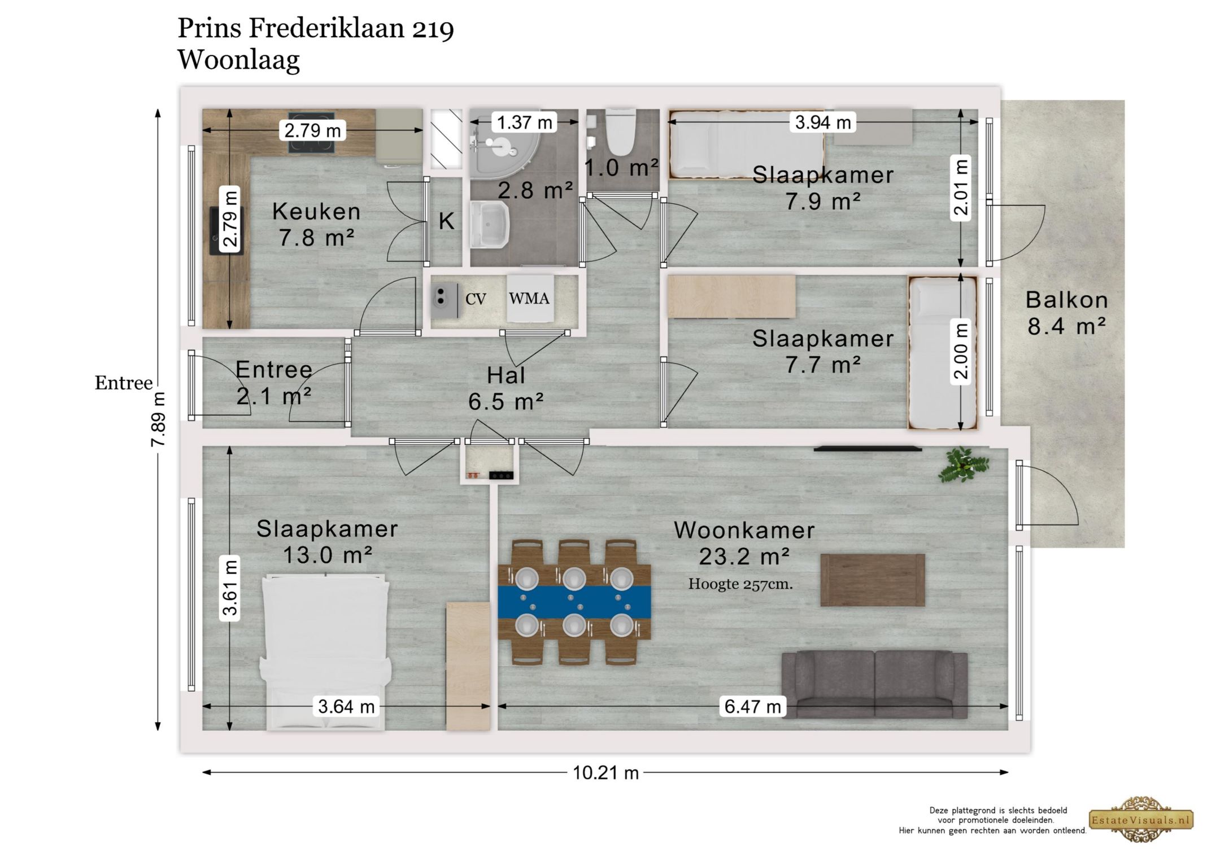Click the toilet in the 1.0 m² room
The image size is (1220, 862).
pyautogui.click(x=621, y=133)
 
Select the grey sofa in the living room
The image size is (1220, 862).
pyautogui.click(x=874, y=684)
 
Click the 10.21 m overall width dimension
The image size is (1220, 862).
pyautogui.click(x=605, y=773)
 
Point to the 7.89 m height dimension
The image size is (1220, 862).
pyautogui.click(x=159, y=419)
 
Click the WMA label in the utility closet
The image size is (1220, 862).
pyautogui.click(x=529, y=299)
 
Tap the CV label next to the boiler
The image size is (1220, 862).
pyautogui.click(x=475, y=299)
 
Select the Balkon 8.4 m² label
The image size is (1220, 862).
pyautogui.click(x=1066, y=313)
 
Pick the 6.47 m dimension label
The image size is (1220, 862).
pyautogui.click(x=752, y=706)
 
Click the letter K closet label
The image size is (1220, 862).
pyautogui.click(x=446, y=221)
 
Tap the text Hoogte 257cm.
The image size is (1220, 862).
pyautogui.click(x=740, y=584)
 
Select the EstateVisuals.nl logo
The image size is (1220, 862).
pyautogui.click(x=1141, y=820)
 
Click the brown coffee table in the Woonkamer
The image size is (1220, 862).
pyautogui.click(x=872, y=580)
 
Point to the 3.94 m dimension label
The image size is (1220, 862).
pyautogui.click(x=822, y=122)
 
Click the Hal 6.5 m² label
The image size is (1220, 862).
pyautogui.click(x=506, y=388)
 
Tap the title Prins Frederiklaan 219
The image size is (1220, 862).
pyautogui.click(x=315, y=28)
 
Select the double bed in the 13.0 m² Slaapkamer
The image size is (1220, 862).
pyautogui.click(x=325, y=649)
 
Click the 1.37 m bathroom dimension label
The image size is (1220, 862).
pyautogui.click(x=524, y=122)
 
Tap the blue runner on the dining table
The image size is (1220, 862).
pyautogui.click(x=574, y=602)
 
